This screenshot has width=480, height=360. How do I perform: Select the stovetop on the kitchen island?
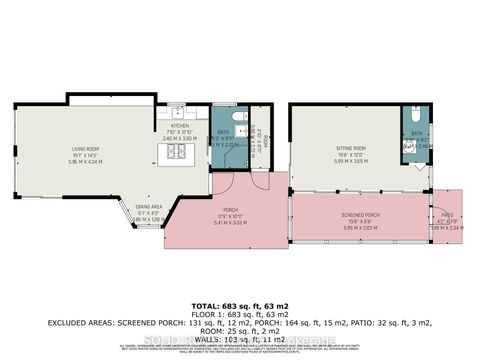[x=176, y=152]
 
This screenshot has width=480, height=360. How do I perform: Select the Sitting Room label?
[x=351, y=148]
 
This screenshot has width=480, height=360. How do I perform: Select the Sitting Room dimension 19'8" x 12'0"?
[x=351, y=154]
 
